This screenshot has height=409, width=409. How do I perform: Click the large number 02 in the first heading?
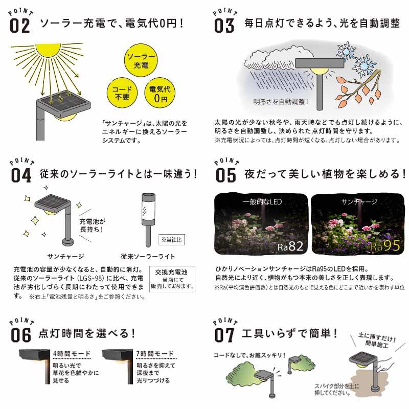pyautogui.click(x=19, y=26)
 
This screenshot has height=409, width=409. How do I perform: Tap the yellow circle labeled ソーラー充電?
pyautogui.click(x=141, y=60)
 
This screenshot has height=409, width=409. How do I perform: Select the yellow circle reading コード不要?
pyautogui.click(x=122, y=93)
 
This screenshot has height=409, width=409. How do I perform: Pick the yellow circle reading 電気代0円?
pyautogui.click(x=160, y=93)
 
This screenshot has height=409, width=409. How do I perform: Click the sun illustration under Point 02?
pyautogui.click(x=48, y=50)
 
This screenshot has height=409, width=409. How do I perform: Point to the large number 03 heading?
pyautogui.click(x=224, y=26)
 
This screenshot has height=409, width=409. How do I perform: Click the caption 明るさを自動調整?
pyautogui.click(x=281, y=102)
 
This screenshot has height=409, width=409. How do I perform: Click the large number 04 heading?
pyautogui.click(x=21, y=175)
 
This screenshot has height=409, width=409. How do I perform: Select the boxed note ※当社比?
pyautogui.click(x=172, y=239)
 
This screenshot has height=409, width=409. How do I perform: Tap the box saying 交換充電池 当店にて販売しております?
pyautogui.click(x=172, y=279)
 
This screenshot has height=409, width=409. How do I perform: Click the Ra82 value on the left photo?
pyautogui.click(x=290, y=246)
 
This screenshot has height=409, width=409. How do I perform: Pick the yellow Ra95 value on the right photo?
pyautogui.click(x=385, y=246)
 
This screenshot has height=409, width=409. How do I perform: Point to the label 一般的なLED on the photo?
pyautogui.click(x=262, y=202)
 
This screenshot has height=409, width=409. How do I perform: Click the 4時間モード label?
pyautogui.click(x=72, y=353)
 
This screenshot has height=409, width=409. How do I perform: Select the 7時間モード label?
pyautogui.click(x=155, y=353)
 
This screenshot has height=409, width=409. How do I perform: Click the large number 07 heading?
pyautogui.click(x=224, y=335)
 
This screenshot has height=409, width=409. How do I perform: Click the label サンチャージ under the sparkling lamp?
pyautogui.click(x=66, y=257)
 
